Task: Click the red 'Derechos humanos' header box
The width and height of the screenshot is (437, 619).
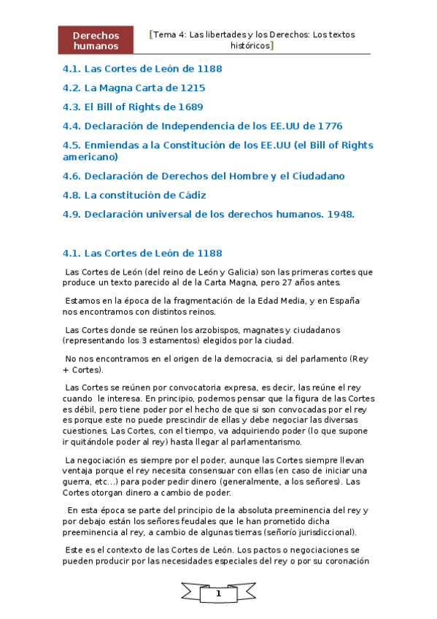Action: (x=96, y=40)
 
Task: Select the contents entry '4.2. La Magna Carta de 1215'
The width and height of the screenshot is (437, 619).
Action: (x=134, y=88)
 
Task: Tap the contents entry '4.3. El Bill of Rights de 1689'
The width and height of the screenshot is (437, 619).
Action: (x=133, y=107)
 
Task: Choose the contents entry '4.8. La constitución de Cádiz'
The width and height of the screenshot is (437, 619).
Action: (x=134, y=195)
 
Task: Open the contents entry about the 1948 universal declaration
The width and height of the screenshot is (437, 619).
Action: (x=209, y=214)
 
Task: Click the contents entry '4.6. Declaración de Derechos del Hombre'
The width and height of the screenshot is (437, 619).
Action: (x=204, y=176)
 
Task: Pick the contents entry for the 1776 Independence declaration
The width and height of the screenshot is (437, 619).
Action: (x=203, y=126)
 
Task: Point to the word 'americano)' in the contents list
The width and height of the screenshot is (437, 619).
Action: (x=90, y=156)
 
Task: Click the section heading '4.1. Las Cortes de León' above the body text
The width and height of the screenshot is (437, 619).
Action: (x=142, y=253)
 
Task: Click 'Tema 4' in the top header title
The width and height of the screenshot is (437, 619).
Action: (x=169, y=34)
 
